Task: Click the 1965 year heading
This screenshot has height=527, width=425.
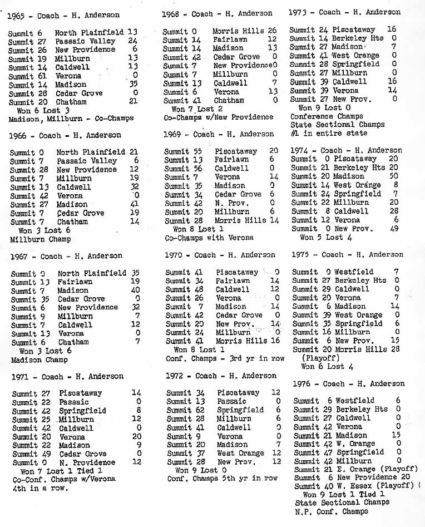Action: point(17,16)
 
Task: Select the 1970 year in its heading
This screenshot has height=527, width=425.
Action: point(175,255)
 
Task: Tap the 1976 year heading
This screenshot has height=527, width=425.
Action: point(303,383)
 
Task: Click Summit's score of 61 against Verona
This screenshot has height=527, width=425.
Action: point(43,76)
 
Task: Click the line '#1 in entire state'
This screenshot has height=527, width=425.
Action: point(329,134)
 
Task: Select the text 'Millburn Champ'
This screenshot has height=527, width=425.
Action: point(41,239)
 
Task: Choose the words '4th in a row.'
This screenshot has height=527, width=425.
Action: point(38,488)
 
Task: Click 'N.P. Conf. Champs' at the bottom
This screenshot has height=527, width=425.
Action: point(332,511)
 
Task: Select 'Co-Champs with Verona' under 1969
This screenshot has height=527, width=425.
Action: point(209,238)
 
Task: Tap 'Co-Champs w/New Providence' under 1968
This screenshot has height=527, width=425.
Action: point(219,117)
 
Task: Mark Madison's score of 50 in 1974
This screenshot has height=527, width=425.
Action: point(394,176)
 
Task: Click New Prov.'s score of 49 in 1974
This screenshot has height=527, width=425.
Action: point(394,229)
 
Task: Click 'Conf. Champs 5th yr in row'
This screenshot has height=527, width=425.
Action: point(223,479)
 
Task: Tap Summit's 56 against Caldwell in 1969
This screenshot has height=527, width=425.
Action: point(198,168)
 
